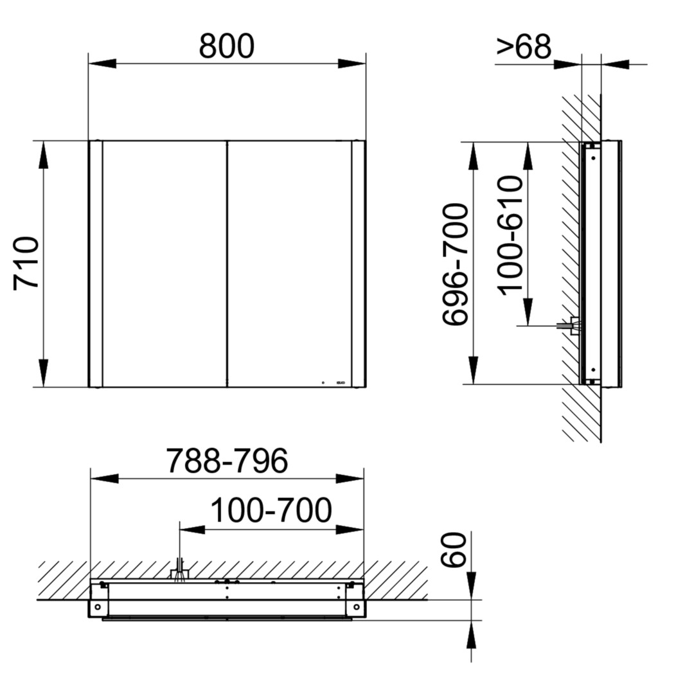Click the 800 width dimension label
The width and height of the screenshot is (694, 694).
(x=227, y=46)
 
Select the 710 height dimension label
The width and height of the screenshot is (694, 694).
(x=26, y=263)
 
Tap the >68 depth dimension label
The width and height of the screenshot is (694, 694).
(x=524, y=46)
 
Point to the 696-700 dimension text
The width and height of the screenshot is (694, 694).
(x=456, y=265)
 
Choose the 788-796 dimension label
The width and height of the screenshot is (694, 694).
(x=227, y=461)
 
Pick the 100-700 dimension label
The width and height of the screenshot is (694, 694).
(x=271, y=510)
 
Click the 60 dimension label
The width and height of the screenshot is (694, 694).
(x=454, y=549)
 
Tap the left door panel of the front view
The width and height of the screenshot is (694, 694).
(x=165, y=264)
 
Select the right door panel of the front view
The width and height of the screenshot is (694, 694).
(x=289, y=264)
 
